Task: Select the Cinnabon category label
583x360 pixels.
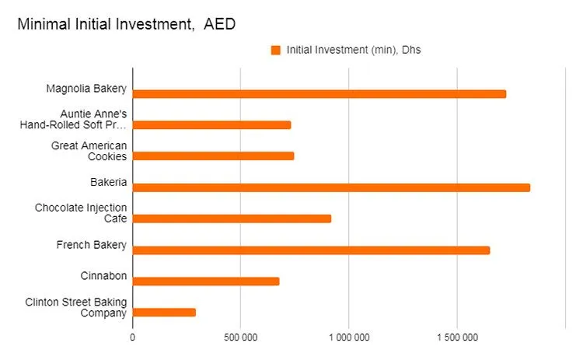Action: [103, 276]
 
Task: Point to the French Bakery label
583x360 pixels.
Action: [91, 245]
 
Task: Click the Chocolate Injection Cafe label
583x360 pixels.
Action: [81, 213]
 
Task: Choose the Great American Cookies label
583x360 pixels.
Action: [89, 151]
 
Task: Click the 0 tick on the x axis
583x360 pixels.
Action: [132, 338]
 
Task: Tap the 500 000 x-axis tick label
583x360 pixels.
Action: [240, 338]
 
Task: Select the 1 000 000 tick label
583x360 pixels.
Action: [349, 338]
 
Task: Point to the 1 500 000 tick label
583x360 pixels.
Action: [457, 338]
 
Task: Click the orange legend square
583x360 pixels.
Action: [275, 51]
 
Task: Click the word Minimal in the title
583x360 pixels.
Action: [43, 24]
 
